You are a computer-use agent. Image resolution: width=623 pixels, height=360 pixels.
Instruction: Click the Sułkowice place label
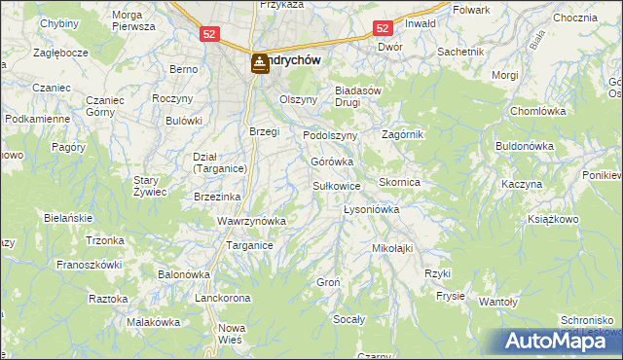337,185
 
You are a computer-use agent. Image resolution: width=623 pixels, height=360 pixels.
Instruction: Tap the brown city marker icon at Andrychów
260,64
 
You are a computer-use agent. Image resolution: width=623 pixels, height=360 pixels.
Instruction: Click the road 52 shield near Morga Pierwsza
210,34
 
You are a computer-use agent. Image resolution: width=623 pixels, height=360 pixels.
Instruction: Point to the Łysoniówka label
372,209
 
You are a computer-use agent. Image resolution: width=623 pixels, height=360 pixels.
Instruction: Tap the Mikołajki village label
392,248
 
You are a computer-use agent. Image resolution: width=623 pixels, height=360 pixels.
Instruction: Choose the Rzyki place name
437,273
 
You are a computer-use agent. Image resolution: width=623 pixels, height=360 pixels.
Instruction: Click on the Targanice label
249,246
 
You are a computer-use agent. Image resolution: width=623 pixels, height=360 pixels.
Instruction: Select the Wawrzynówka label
251,221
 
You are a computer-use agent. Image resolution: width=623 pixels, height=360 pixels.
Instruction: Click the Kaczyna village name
521,184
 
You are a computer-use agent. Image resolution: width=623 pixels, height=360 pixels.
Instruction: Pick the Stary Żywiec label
151,186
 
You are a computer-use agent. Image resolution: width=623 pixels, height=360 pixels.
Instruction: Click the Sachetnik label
460,51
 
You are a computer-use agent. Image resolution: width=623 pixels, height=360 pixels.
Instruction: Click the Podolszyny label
330,135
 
